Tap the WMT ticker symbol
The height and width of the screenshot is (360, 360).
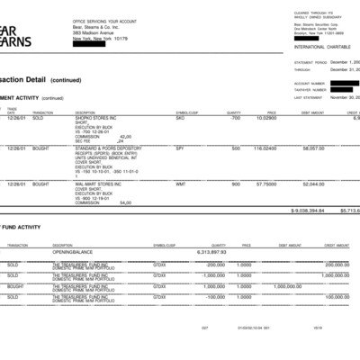click(x=180, y=184)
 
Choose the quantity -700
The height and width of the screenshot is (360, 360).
click(x=235, y=118)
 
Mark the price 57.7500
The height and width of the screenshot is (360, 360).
click(x=265, y=184)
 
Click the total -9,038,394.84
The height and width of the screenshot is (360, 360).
click(x=305, y=210)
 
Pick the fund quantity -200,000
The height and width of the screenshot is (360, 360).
click(x=238, y=265)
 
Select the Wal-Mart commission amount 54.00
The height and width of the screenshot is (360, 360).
click(x=125, y=202)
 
